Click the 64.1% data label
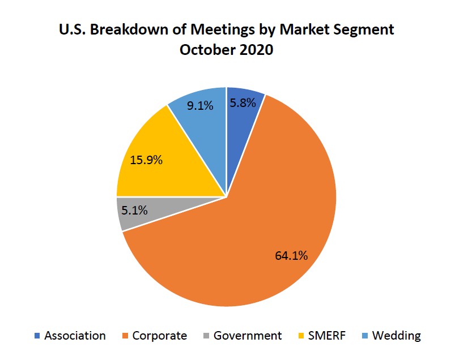tap(291, 256)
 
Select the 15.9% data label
tap(146, 160)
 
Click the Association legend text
tap(75, 336)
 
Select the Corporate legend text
tap(159, 336)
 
